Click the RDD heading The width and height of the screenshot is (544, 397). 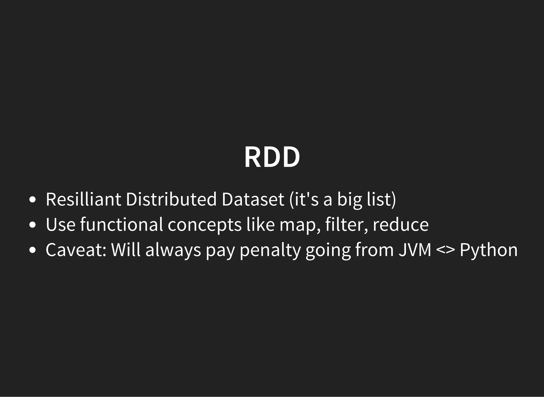pyautogui.click(x=272, y=157)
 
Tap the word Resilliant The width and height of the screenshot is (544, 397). pyautogui.click(x=83, y=199)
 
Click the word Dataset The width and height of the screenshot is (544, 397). pyautogui.click(x=253, y=199)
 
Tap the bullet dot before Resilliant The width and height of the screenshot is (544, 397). pyautogui.click(x=32, y=200)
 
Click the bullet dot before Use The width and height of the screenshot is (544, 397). pyautogui.click(x=32, y=225)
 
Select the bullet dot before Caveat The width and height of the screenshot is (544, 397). pyautogui.click(x=32, y=250)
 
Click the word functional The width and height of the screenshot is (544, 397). pyautogui.click(x=121, y=225)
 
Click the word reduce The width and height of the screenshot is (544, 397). pyautogui.click(x=401, y=225)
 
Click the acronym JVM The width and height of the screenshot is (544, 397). pyautogui.click(x=415, y=250)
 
